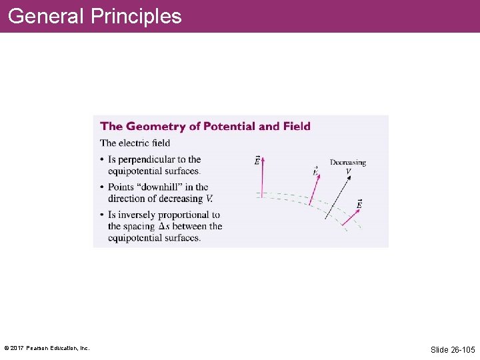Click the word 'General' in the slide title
[46, 16]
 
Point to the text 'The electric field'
[135, 143]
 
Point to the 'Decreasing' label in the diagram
[347, 163]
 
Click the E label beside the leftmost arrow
[257, 161]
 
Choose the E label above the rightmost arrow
[359, 204]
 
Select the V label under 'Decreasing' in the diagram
[348, 171]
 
